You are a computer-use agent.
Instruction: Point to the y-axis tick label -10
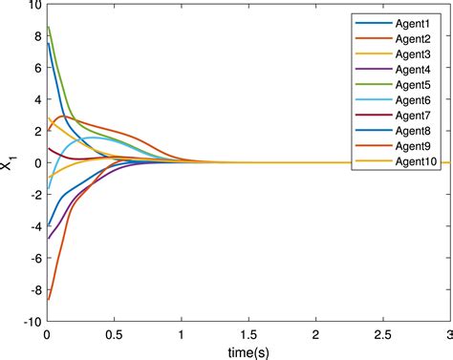(x=29, y=323)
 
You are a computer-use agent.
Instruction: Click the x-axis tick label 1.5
(x=248, y=335)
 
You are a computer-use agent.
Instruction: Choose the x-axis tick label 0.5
(x=114, y=335)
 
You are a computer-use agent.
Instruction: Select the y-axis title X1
(x=11, y=163)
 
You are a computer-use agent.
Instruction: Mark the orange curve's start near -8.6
(x=48, y=300)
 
